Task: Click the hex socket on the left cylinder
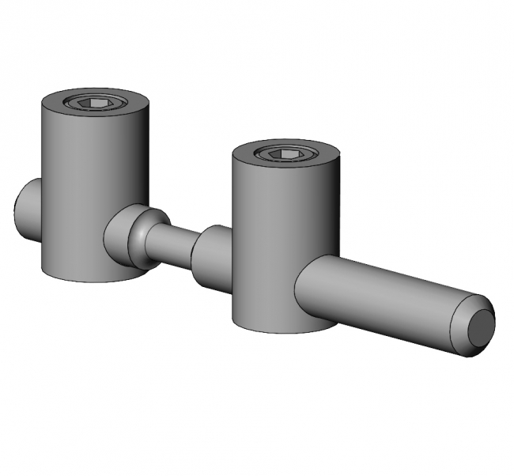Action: [94, 102]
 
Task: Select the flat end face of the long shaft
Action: [479, 327]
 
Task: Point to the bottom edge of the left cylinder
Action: [87, 278]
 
